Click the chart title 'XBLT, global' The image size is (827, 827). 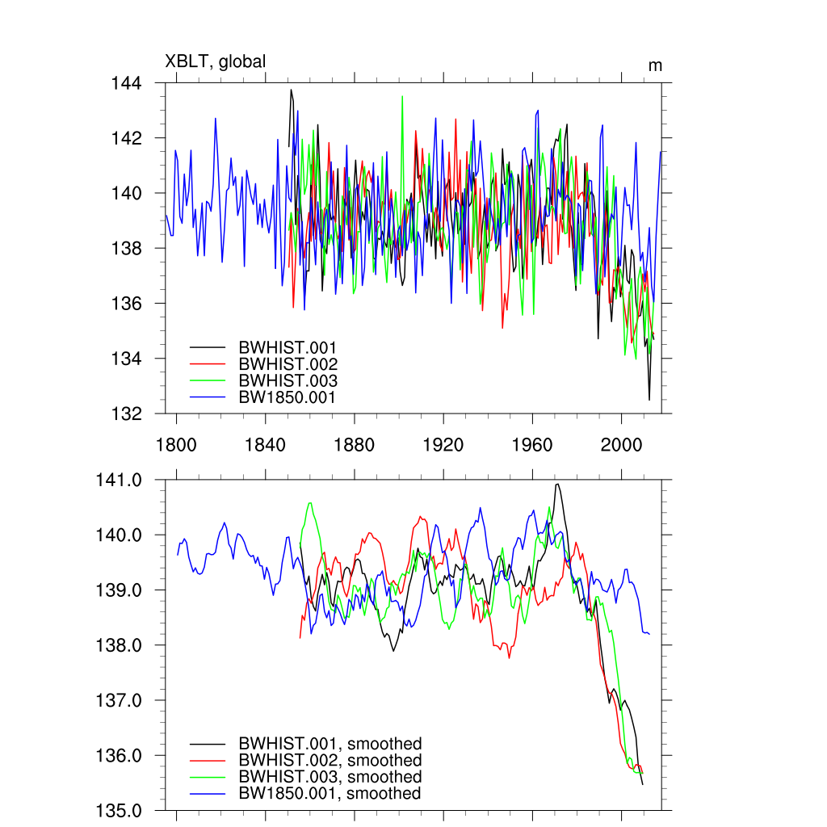[215, 61]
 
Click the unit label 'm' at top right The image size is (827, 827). [655, 65]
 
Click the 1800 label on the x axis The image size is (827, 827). [176, 444]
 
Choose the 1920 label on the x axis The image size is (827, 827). [443, 444]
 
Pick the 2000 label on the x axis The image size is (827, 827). [622, 444]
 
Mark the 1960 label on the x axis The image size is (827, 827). [532, 444]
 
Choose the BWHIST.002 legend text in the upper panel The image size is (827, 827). [287, 364]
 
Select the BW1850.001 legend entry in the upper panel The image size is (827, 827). [287, 397]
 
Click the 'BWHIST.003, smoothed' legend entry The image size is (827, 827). [330, 777]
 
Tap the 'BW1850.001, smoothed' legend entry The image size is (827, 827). [330, 794]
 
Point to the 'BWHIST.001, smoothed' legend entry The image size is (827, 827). [330, 744]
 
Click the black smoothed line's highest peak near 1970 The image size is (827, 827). [557, 485]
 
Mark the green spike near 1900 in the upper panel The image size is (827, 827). [402, 96]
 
